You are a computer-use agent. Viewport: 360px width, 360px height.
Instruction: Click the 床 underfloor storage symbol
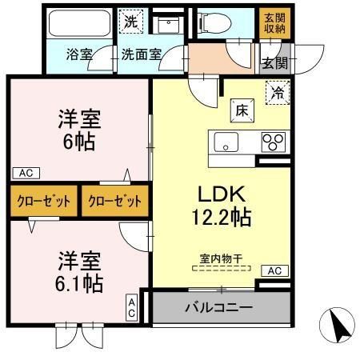click(x=241, y=109)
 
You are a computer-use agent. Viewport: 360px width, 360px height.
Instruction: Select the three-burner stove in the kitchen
click(x=274, y=142)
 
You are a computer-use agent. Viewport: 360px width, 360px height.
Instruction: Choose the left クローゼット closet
click(x=44, y=201)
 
